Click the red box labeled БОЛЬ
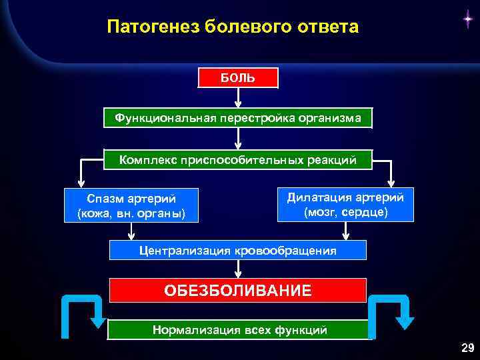point(238,77)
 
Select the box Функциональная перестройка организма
point(238,118)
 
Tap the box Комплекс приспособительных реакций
point(238,159)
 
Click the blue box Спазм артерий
point(131,205)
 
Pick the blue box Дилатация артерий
point(345,204)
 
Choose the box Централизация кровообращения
point(238,250)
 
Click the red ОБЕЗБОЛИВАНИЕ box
point(238,291)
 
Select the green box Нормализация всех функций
point(238,329)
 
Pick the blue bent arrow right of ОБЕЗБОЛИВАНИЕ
point(393,313)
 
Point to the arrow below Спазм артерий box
point(131,231)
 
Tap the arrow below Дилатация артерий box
point(345,231)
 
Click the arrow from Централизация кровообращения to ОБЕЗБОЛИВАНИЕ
point(238,269)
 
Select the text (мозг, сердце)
point(345,213)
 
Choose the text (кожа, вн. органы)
point(131,214)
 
